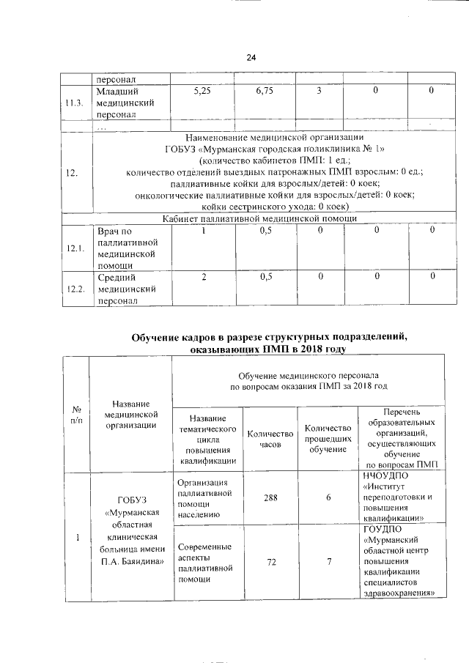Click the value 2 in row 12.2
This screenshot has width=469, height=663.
[x=203, y=276]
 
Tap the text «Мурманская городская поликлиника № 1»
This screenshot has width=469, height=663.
[x=265, y=149]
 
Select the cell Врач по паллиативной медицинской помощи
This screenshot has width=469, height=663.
[x=126, y=248]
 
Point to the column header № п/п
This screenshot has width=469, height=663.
[x=75, y=415]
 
